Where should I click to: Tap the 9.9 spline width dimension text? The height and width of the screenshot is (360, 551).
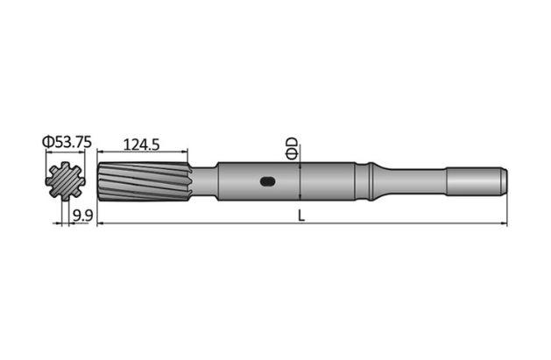click(x=84, y=215)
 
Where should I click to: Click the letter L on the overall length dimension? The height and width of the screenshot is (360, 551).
click(x=300, y=216)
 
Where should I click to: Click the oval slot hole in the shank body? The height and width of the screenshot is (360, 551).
click(x=269, y=182)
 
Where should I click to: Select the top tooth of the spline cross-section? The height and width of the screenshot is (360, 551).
click(x=67, y=165)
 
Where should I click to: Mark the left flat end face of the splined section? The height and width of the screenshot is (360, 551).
click(x=98, y=182)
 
